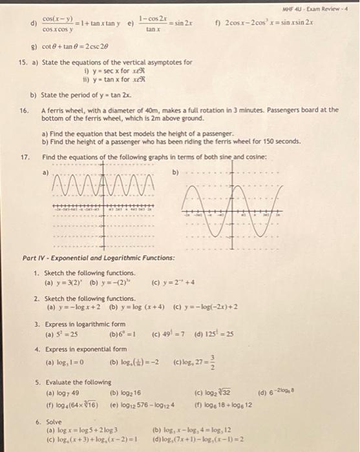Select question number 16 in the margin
click(23, 110)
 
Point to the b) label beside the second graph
click(175, 172)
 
